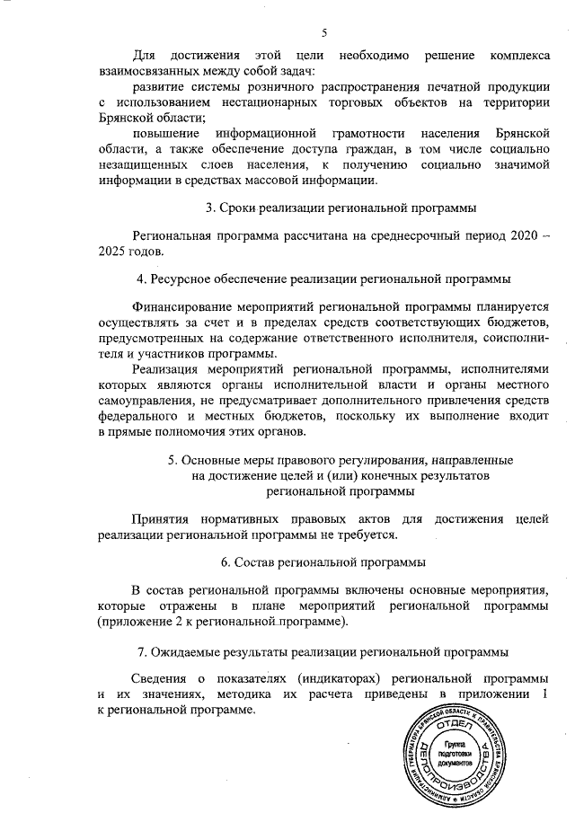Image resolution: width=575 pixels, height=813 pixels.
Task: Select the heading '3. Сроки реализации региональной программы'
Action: click(x=341, y=208)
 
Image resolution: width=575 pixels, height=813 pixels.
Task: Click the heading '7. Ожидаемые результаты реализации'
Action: click(x=323, y=650)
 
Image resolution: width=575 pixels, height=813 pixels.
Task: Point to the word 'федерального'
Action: click(x=139, y=417)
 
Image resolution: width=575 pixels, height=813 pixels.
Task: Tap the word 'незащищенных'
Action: click(x=144, y=165)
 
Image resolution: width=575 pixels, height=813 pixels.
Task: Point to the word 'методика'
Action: click(x=210, y=694)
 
